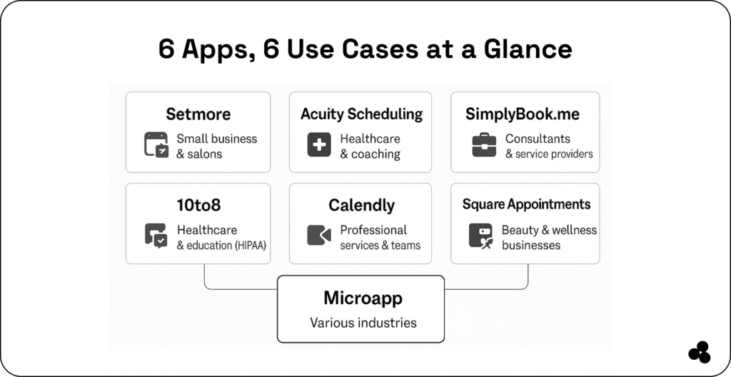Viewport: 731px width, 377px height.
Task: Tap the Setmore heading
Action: click(x=198, y=114)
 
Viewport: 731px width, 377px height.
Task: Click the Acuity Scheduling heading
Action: click(x=361, y=114)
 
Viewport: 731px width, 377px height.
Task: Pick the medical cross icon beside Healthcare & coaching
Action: click(x=319, y=145)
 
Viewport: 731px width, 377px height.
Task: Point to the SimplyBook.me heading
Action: click(x=523, y=114)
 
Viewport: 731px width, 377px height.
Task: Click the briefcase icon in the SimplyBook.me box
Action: click(x=483, y=145)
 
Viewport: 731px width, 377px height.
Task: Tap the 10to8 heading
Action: click(x=198, y=206)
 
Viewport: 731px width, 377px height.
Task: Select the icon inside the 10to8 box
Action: click(x=156, y=236)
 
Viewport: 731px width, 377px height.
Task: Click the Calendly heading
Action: click(x=361, y=206)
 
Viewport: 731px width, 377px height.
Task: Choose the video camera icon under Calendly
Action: click(x=319, y=236)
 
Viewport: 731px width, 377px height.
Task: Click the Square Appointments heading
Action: click(x=526, y=205)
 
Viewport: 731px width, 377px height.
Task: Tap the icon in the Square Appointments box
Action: click(x=480, y=236)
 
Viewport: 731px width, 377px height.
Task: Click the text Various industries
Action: click(x=363, y=323)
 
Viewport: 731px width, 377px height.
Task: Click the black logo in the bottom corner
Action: click(x=699, y=353)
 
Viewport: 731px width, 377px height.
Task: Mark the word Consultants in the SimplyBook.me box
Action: click(x=538, y=139)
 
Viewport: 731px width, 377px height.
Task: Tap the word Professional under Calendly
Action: click(x=373, y=230)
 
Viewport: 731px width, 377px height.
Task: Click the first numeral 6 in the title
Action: click(x=166, y=49)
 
